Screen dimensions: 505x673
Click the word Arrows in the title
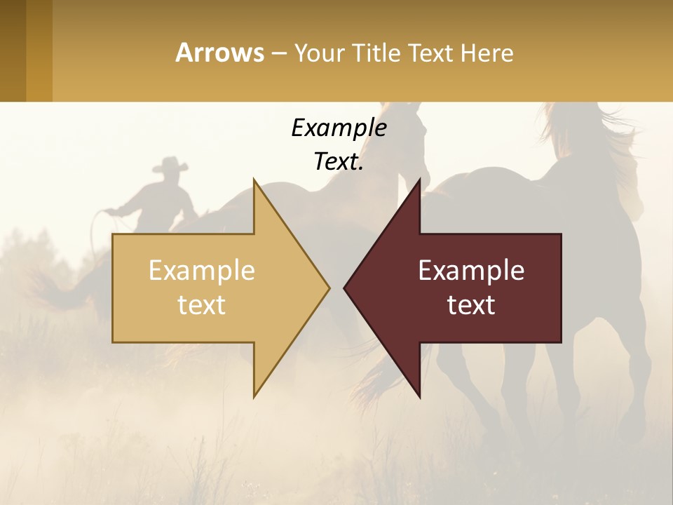(x=220, y=53)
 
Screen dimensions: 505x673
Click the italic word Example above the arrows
(x=339, y=128)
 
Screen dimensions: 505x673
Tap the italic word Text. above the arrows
(x=339, y=161)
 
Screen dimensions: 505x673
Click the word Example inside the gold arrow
(x=201, y=270)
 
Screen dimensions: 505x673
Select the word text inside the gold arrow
(x=201, y=305)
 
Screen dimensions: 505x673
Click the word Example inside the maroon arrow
(x=471, y=270)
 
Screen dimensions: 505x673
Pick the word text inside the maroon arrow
(x=471, y=305)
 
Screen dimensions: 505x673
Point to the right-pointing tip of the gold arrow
(x=327, y=288)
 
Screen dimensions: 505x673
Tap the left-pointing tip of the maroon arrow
(x=346, y=288)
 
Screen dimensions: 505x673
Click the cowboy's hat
(x=170, y=166)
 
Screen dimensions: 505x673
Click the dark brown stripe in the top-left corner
(x=13, y=50)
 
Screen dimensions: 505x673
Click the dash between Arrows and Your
(x=278, y=53)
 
